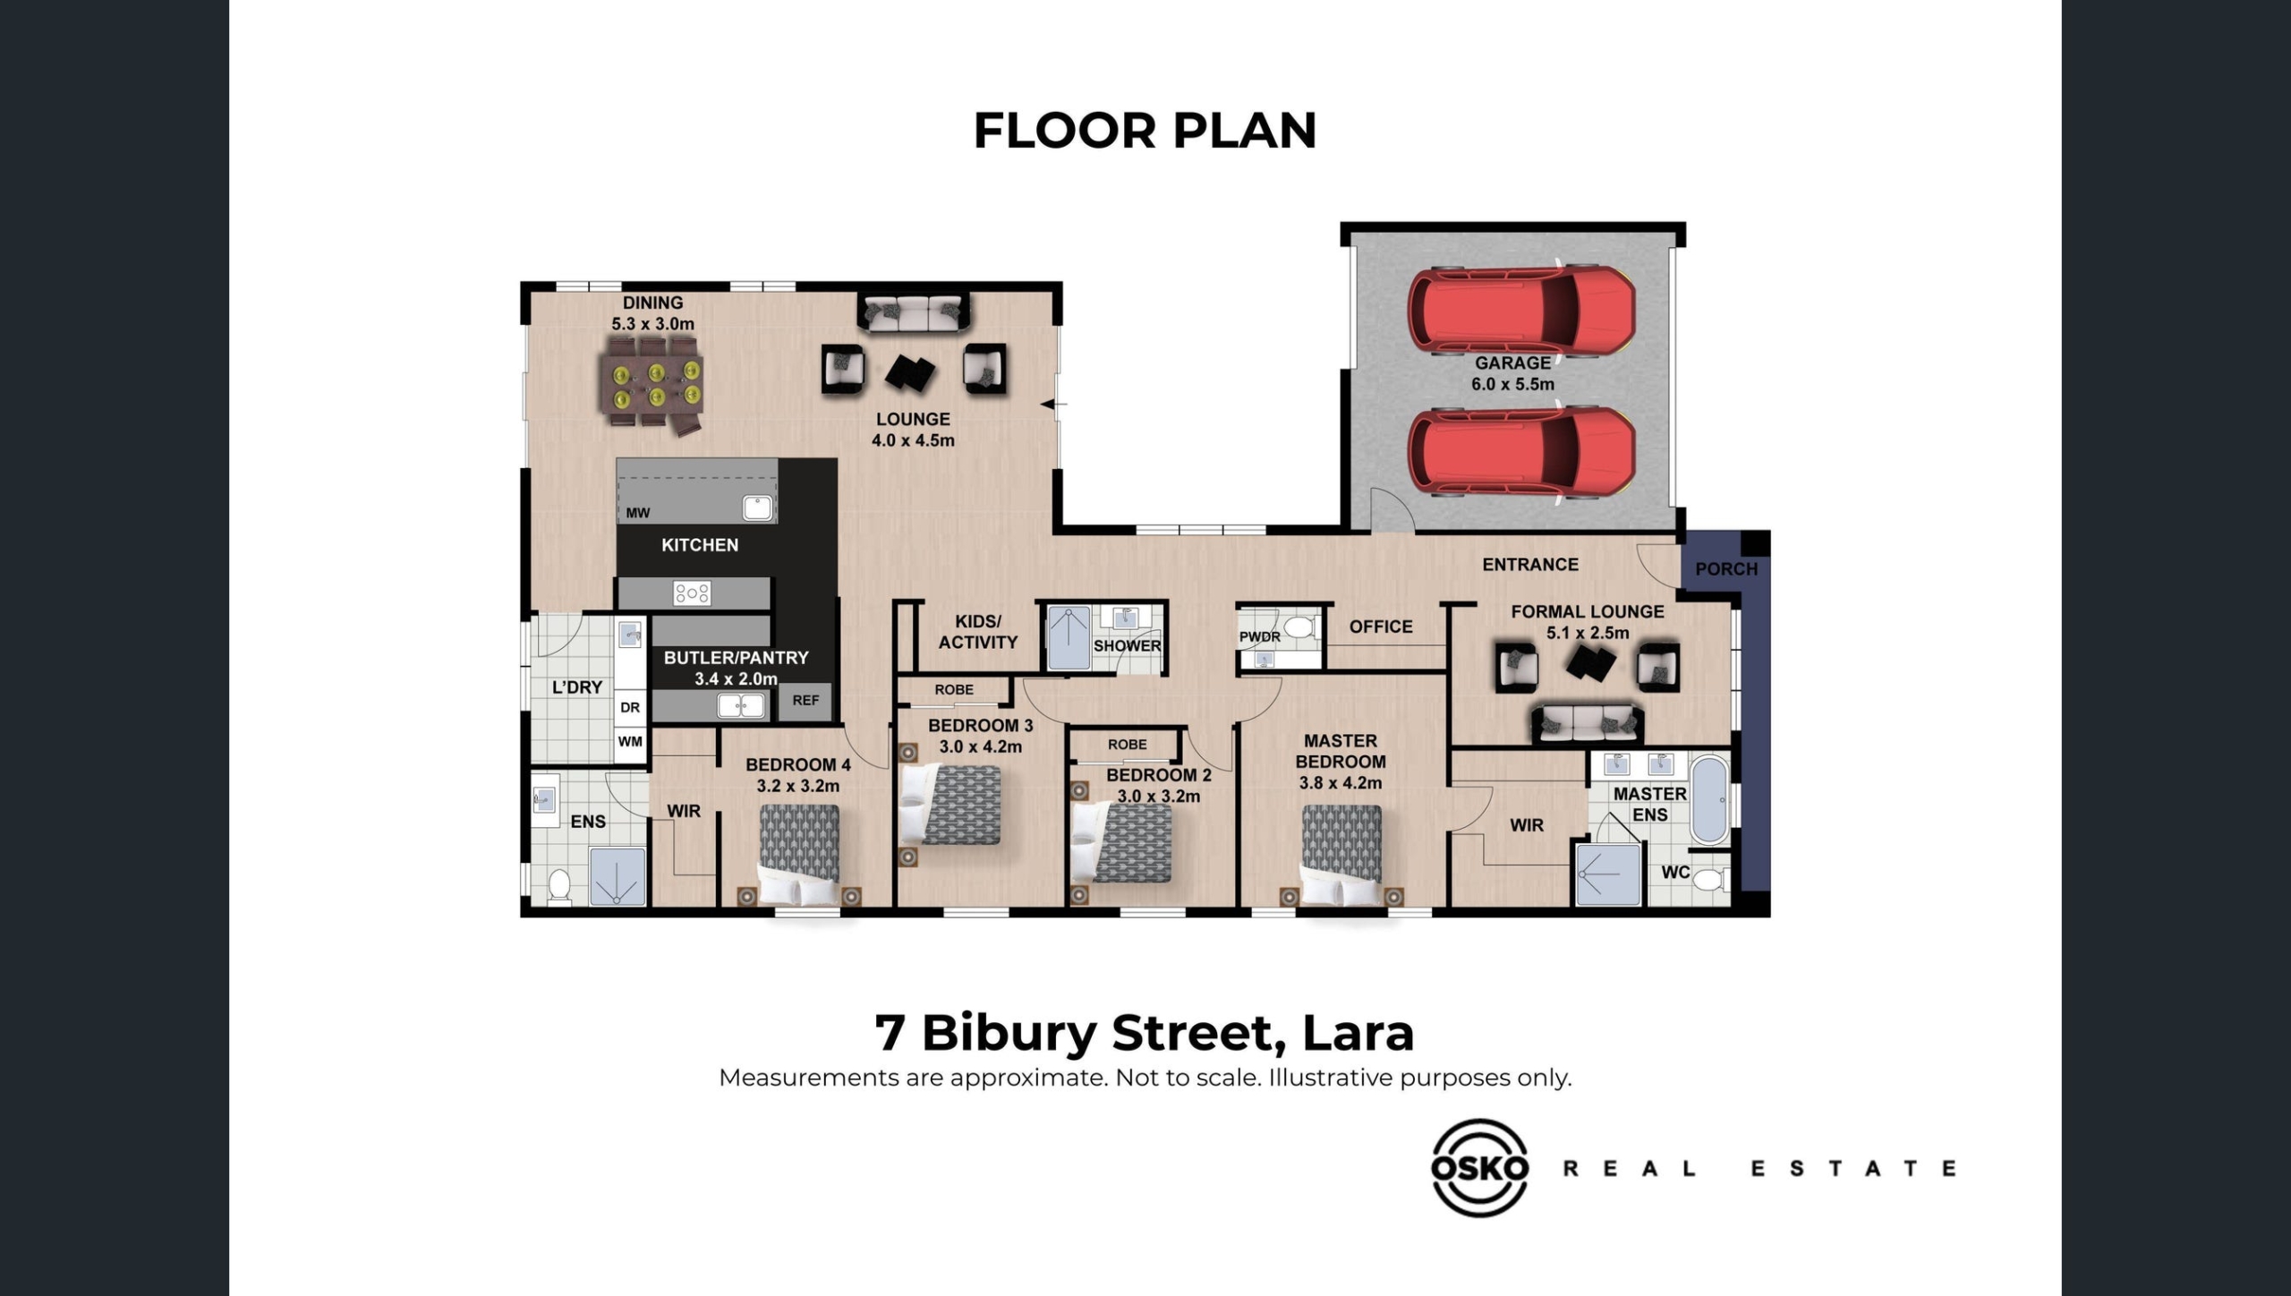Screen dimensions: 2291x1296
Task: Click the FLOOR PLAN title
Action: [x=1145, y=131]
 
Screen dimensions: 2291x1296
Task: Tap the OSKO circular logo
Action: [x=1480, y=1167]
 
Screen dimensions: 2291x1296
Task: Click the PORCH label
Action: [x=1726, y=569]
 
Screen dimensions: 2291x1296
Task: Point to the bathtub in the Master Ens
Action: [x=1710, y=801]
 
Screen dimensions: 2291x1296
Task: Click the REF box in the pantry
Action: [x=805, y=701]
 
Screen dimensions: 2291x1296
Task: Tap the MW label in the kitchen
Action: [x=638, y=513]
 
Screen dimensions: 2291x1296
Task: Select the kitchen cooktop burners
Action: [x=692, y=593]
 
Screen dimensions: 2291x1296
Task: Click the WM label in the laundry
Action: [x=630, y=741]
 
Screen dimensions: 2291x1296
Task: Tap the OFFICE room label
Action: [x=1381, y=627]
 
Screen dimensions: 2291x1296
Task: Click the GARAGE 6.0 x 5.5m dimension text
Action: [x=1512, y=384]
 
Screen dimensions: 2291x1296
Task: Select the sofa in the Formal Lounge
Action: [x=1587, y=723]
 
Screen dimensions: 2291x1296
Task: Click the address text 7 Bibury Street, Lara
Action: [x=1145, y=1033]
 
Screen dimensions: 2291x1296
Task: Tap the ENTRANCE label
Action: [x=1530, y=565]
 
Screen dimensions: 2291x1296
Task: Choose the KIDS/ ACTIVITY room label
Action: [x=978, y=632]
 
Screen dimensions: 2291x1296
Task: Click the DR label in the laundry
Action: [x=630, y=707]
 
